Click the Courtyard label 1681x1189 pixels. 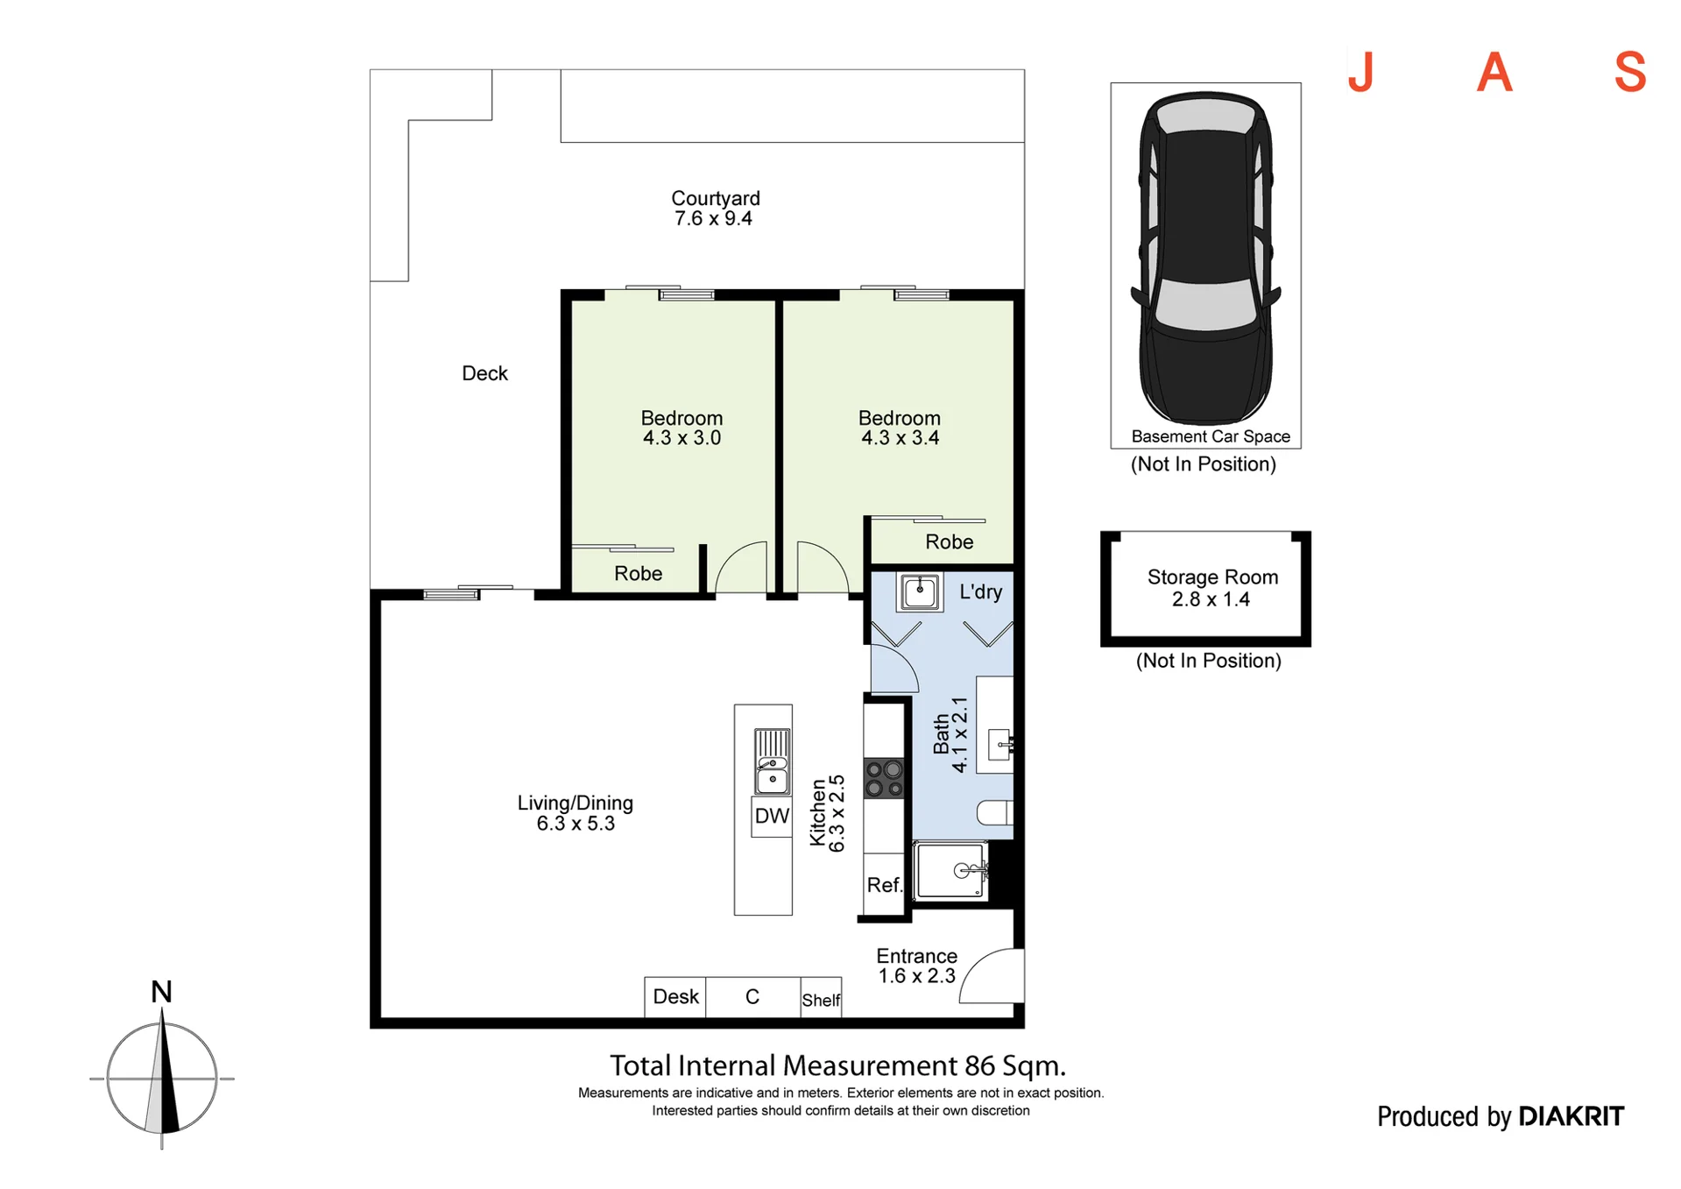(x=715, y=199)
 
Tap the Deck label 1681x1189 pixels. (x=484, y=373)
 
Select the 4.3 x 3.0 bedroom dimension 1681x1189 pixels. (x=682, y=438)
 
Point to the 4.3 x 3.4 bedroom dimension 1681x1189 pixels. (x=900, y=438)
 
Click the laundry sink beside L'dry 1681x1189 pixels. (x=919, y=591)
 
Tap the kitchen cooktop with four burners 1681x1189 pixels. (x=884, y=779)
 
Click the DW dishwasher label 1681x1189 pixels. (x=772, y=817)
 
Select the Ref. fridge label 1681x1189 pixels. (x=884, y=885)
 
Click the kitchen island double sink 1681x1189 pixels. (x=772, y=761)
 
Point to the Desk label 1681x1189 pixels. (x=675, y=997)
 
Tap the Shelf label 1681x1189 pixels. (x=821, y=1000)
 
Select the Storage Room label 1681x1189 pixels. (x=1212, y=577)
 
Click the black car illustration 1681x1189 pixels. (x=1205, y=259)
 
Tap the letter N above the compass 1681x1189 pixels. (x=161, y=992)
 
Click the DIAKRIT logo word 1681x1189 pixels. (x=1571, y=1116)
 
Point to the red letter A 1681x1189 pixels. (x=1494, y=72)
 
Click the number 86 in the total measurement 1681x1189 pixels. (x=979, y=1066)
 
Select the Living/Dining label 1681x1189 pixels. (x=575, y=803)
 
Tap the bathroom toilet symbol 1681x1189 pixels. (x=995, y=812)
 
